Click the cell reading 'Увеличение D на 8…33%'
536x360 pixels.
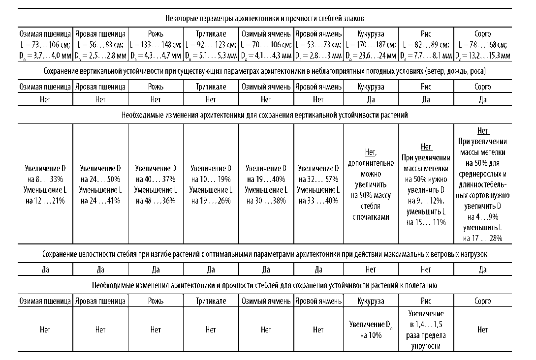tap(45, 184)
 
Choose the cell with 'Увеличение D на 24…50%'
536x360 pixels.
tap(100, 184)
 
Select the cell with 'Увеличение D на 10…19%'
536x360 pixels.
tap(211, 184)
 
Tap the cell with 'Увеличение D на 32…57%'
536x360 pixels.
tap(318, 184)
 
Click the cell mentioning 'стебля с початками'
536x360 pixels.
tap(371, 184)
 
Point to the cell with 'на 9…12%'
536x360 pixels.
tap(426, 184)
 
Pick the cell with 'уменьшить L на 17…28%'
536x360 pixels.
tap(482, 184)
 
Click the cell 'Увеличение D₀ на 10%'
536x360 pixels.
tap(371, 330)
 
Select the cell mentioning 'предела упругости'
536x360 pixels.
tap(426, 330)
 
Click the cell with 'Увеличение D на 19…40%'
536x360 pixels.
tap(266, 184)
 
